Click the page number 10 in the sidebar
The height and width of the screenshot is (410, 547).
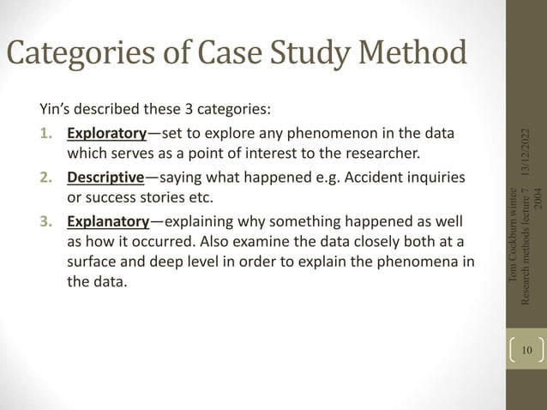(x=526, y=350)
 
